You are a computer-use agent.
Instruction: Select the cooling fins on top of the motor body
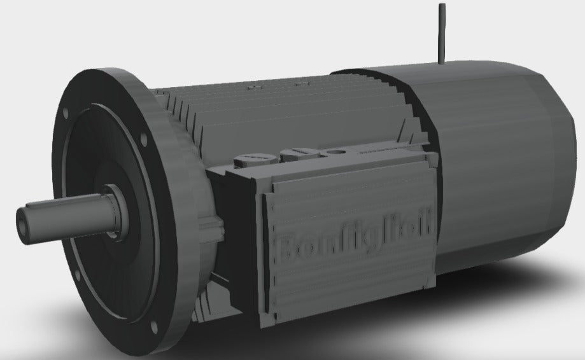coord(280,108)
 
